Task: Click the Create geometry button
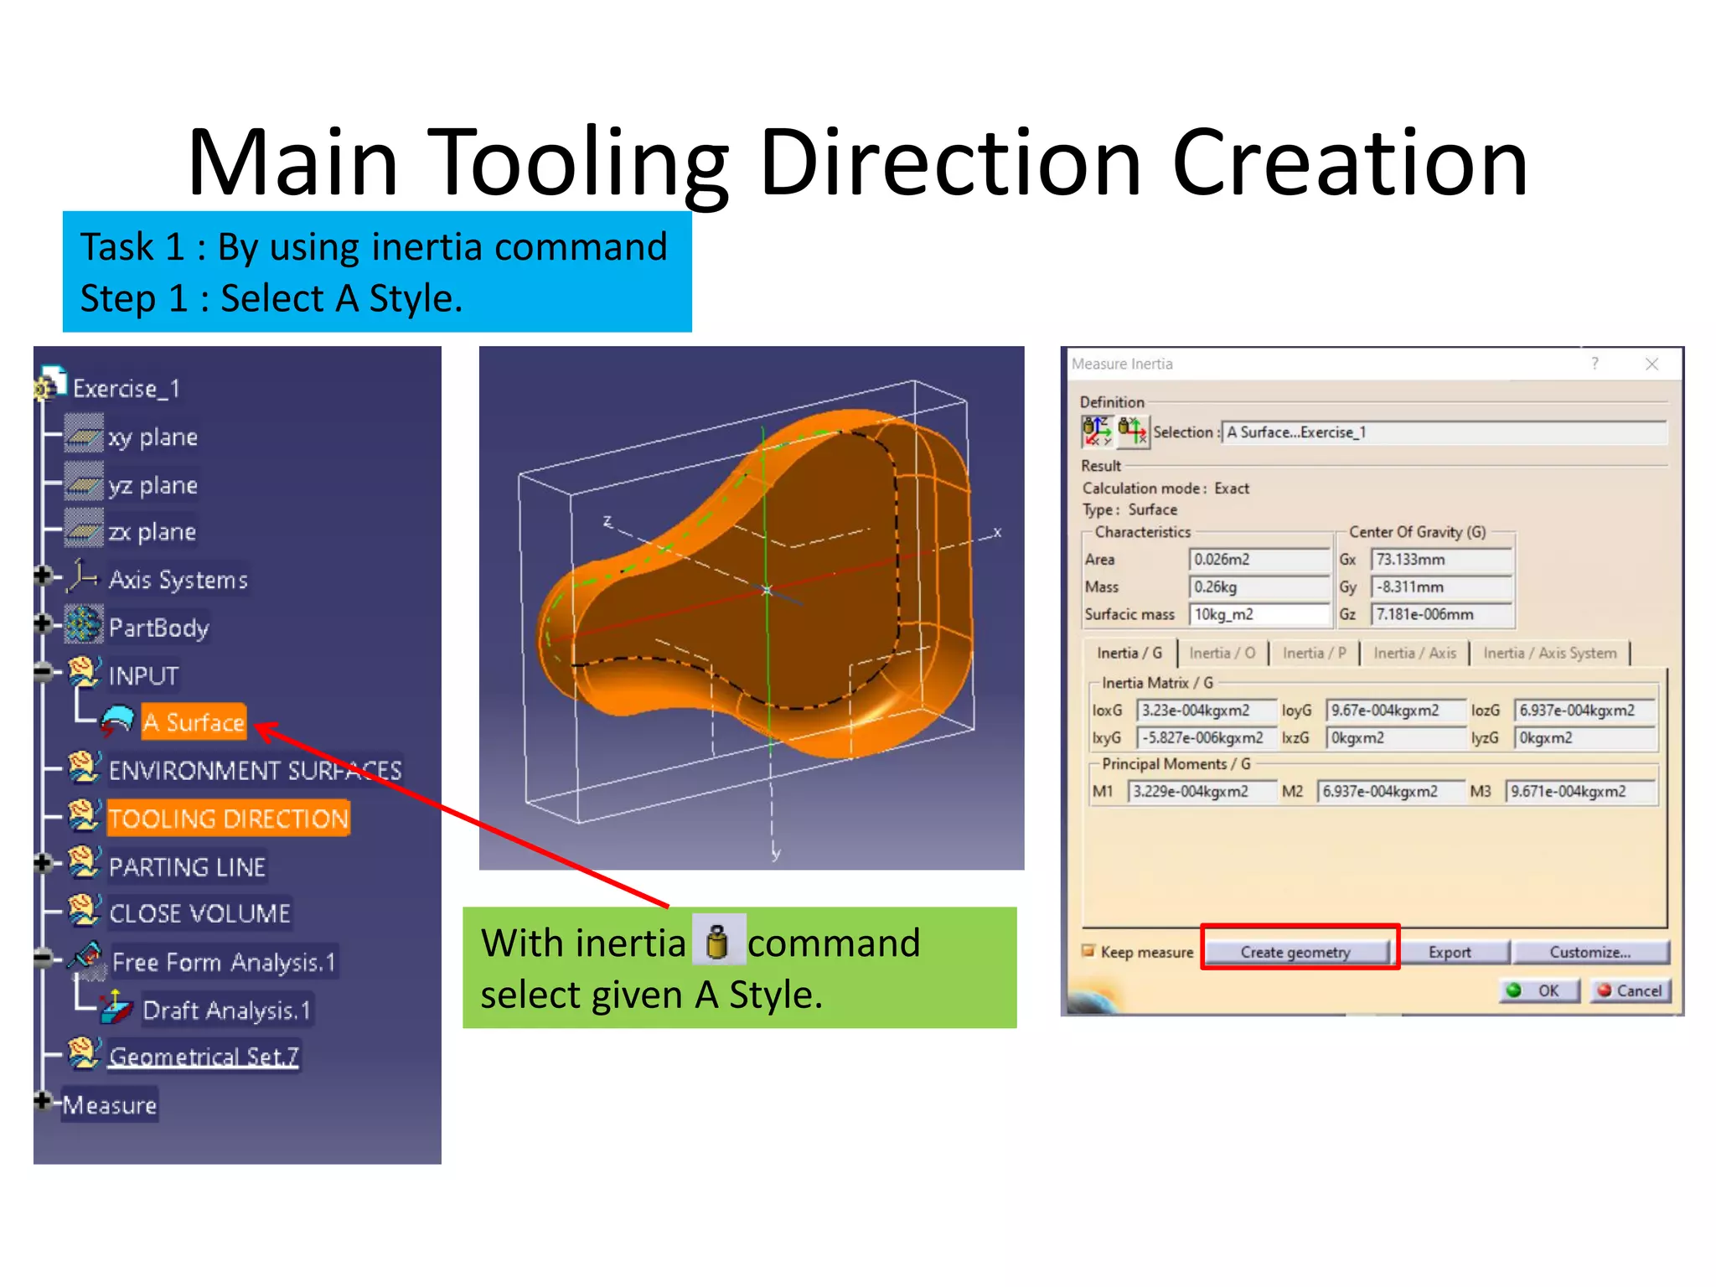[x=1295, y=952]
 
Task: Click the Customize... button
[x=1589, y=952]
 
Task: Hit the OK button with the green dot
[x=1538, y=990]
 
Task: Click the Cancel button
[x=1630, y=990]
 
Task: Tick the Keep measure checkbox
[x=1088, y=951]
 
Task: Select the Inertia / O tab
[x=1222, y=653]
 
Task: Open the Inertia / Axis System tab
[x=1549, y=653]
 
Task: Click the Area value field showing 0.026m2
[x=1259, y=559]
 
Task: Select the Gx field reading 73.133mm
[x=1441, y=559]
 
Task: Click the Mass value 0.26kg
[x=1259, y=587]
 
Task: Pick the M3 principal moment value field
[x=1580, y=791]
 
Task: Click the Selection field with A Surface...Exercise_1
[x=1443, y=432]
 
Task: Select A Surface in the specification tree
[x=194, y=722]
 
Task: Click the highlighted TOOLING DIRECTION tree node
[x=228, y=819]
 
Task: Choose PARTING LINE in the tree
[x=187, y=866]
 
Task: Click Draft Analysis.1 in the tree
[x=226, y=1010]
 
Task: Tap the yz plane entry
[x=152, y=485]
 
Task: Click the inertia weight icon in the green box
[x=716, y=942]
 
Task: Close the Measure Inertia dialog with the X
[x=1651, y=364]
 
